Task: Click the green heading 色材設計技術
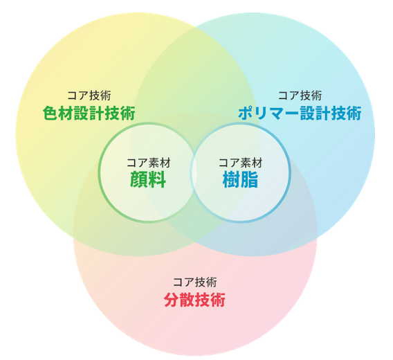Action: (89, 114)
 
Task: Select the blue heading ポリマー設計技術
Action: (300, 114)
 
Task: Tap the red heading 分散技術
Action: (194, 300)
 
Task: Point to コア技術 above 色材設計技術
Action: (89, 96)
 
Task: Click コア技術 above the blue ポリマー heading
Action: (300, 96)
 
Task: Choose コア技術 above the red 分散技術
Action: (194, 282)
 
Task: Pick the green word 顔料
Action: (148, 179)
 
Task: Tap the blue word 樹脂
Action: (240, 179)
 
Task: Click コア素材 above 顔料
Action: (148, 163)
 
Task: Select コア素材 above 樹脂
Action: (240, 163)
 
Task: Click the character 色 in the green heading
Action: (51, 114)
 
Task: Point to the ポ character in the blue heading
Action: (246, 114)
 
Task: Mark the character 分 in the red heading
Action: (172, 300)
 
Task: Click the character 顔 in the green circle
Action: (139, 179)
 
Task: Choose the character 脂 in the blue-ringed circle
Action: (250, 179)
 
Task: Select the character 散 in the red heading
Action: (187, 300)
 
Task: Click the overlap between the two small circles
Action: (194, 172)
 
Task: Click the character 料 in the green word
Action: (157, 179)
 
